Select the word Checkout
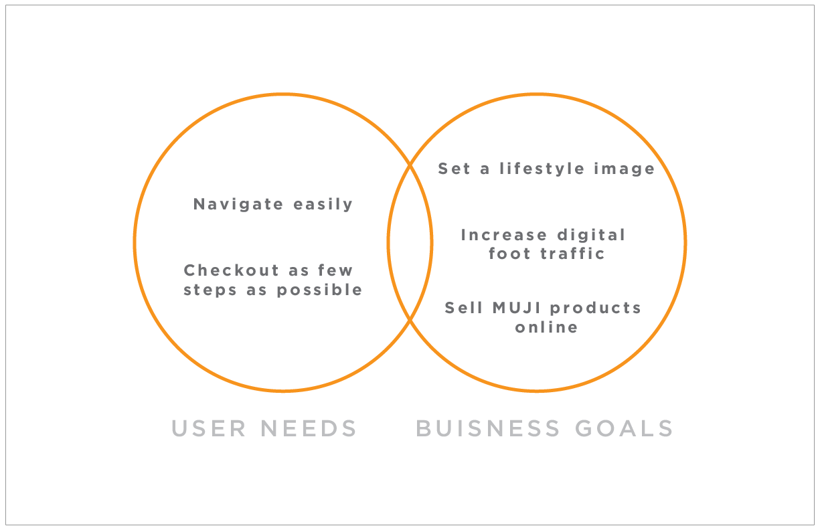(x=222, y=270)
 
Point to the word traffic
(x=576, y=254)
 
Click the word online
(x=546, y=327)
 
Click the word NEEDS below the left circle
(x=309, y=428)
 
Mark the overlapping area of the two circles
(x=410, y=242)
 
